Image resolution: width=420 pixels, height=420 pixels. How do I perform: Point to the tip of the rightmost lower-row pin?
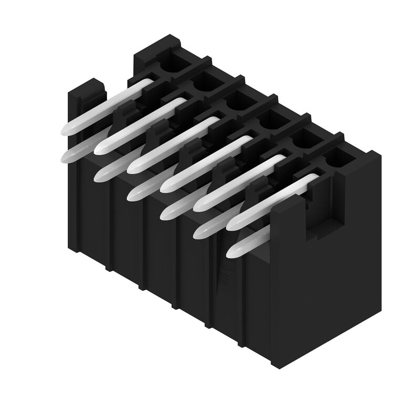click(233, 251)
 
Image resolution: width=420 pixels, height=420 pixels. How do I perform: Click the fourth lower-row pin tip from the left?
click(166, 212)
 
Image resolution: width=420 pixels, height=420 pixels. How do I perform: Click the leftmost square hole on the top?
click(171, 64)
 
